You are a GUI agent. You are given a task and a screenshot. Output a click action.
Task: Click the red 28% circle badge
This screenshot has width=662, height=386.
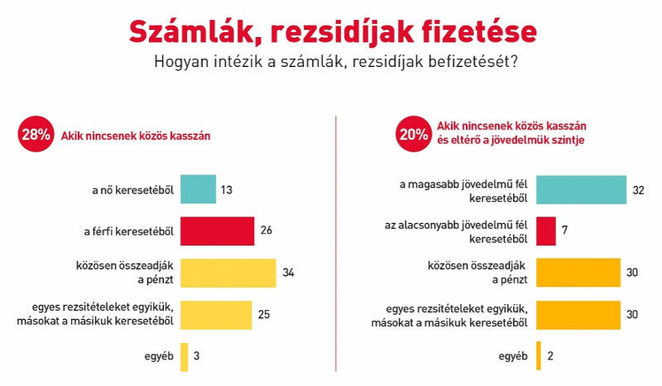pos(36,134)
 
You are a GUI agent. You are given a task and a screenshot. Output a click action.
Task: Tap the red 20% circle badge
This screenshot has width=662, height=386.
pos(414,134)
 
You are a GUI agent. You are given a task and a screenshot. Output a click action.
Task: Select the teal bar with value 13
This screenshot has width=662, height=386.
pos(198,189)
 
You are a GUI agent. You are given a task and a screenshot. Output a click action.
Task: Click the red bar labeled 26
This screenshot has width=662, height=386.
pos(218,231)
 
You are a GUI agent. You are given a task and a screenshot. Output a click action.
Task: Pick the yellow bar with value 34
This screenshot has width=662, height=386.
pos(228,273)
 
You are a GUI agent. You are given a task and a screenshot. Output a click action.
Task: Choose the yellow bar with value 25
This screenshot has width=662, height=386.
pos(216,315)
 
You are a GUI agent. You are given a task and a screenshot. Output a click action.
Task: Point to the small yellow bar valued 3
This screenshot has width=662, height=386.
pos(184,357)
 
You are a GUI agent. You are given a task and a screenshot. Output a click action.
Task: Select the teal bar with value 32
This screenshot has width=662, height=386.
pos(582,189)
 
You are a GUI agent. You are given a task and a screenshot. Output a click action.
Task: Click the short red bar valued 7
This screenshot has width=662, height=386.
pos(546,231)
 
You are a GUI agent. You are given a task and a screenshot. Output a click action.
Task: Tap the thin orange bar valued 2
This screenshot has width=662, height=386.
pos(539,355)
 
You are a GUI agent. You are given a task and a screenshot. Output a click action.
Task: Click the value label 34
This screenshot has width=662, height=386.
pos(288,273)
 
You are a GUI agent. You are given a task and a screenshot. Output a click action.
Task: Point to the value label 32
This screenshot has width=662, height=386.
pos(638,190)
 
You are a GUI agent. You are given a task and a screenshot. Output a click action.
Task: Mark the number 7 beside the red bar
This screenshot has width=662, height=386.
pos(565,231)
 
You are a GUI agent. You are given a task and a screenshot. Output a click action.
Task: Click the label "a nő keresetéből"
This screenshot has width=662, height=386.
pos(133,190)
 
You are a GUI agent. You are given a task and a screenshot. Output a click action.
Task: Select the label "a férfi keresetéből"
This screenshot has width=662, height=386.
pos(129,231)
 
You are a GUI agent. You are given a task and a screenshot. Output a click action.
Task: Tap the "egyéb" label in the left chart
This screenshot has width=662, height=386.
pos(159,356)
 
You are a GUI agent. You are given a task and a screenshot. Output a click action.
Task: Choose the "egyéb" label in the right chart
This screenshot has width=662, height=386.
pos(513,356)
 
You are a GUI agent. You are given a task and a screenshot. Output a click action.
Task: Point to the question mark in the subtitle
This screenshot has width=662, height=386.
pos(514,61)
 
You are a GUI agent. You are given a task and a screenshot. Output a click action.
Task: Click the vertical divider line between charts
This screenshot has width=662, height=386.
pos(336,244)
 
